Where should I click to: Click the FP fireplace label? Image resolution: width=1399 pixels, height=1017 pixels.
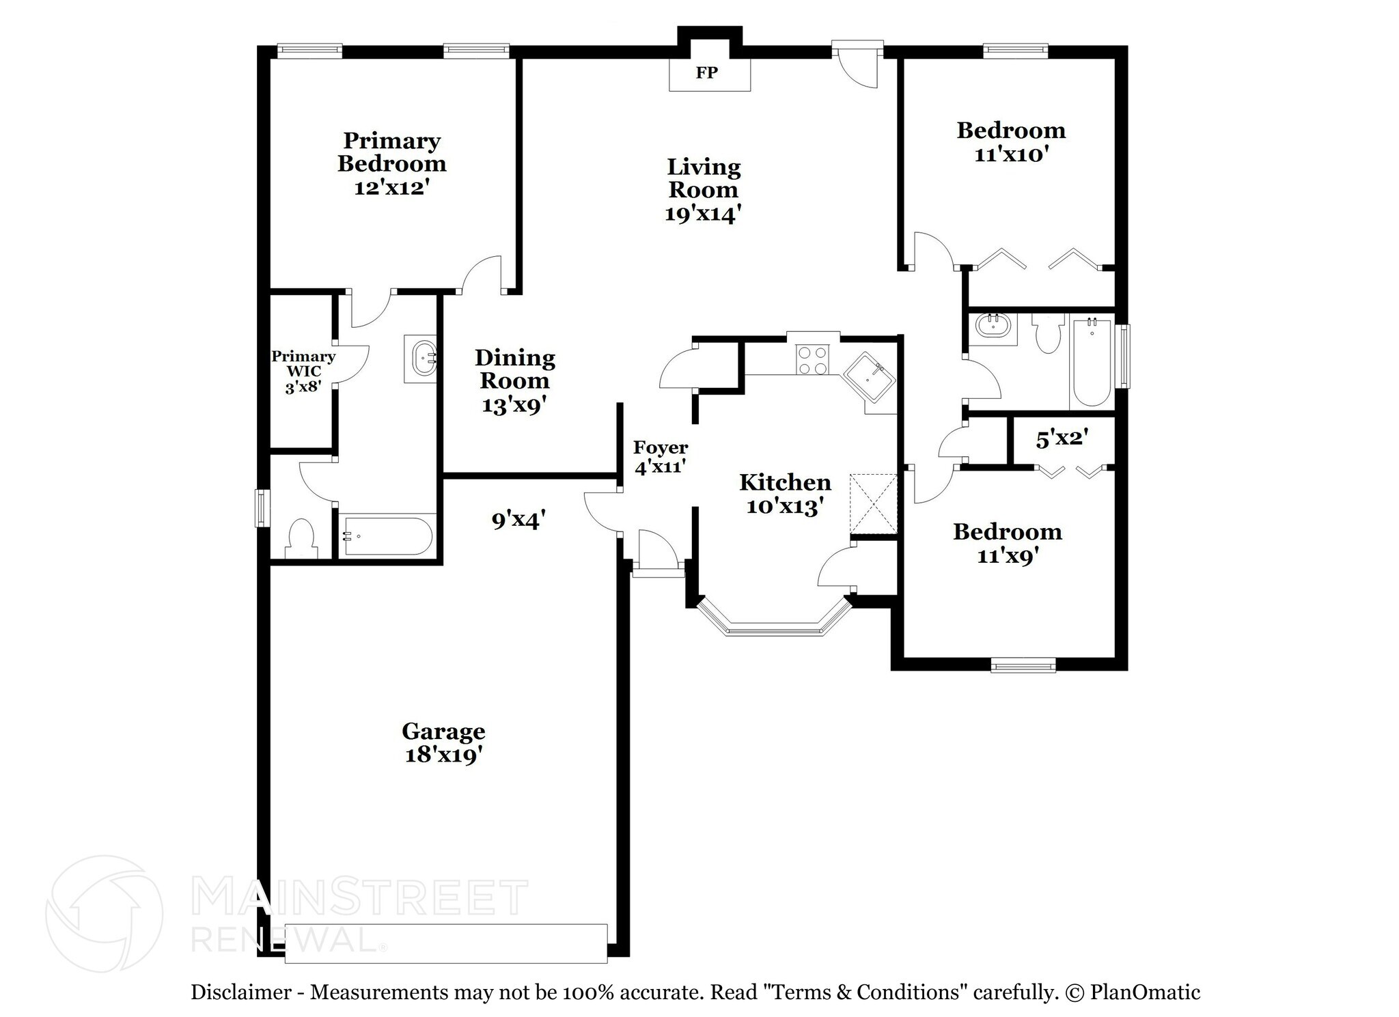[707, 73]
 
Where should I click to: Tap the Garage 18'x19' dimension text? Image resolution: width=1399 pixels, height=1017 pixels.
[443, 755]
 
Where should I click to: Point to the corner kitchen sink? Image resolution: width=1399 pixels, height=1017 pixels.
[868, 376]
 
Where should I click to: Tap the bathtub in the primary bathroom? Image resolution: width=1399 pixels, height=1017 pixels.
[387, 536]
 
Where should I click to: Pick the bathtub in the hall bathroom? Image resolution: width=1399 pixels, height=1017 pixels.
[1092, 362]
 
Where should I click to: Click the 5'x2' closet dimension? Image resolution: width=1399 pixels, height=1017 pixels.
[1062, 438]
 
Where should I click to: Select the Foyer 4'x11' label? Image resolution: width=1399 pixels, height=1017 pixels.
[660, 458]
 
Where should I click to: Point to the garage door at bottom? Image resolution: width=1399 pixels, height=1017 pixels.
[445, 943]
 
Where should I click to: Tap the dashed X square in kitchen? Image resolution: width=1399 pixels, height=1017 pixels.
[873, 503]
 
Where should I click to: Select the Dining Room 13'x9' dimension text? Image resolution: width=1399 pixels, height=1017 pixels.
[514, 406]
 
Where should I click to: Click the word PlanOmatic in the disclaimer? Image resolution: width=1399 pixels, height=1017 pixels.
[1144, 992]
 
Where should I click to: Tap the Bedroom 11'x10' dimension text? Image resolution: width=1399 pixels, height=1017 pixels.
[1010, 154]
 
